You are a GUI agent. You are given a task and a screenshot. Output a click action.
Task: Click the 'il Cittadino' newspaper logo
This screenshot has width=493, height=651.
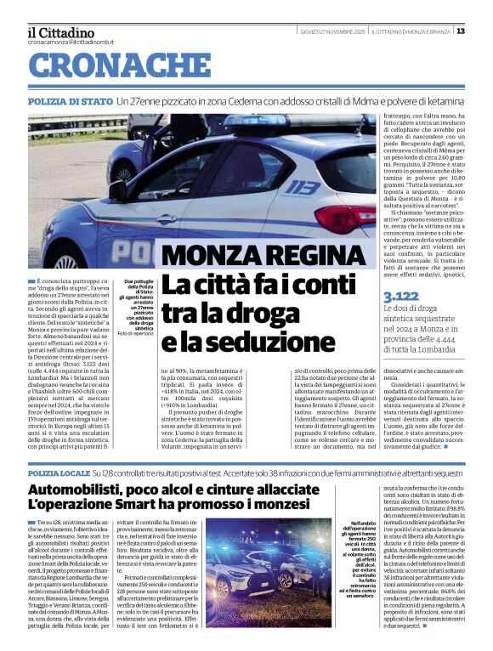point(60,31)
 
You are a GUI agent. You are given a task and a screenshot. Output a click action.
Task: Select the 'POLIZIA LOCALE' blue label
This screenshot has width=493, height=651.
point(59,472)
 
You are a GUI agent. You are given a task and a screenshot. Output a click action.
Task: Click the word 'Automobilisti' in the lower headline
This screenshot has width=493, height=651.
point(83,490)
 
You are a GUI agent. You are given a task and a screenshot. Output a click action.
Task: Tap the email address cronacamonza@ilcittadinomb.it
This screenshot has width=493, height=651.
point(68,42)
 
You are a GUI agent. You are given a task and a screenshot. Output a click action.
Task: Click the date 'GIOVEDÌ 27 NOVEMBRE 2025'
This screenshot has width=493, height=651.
point(328,31)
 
